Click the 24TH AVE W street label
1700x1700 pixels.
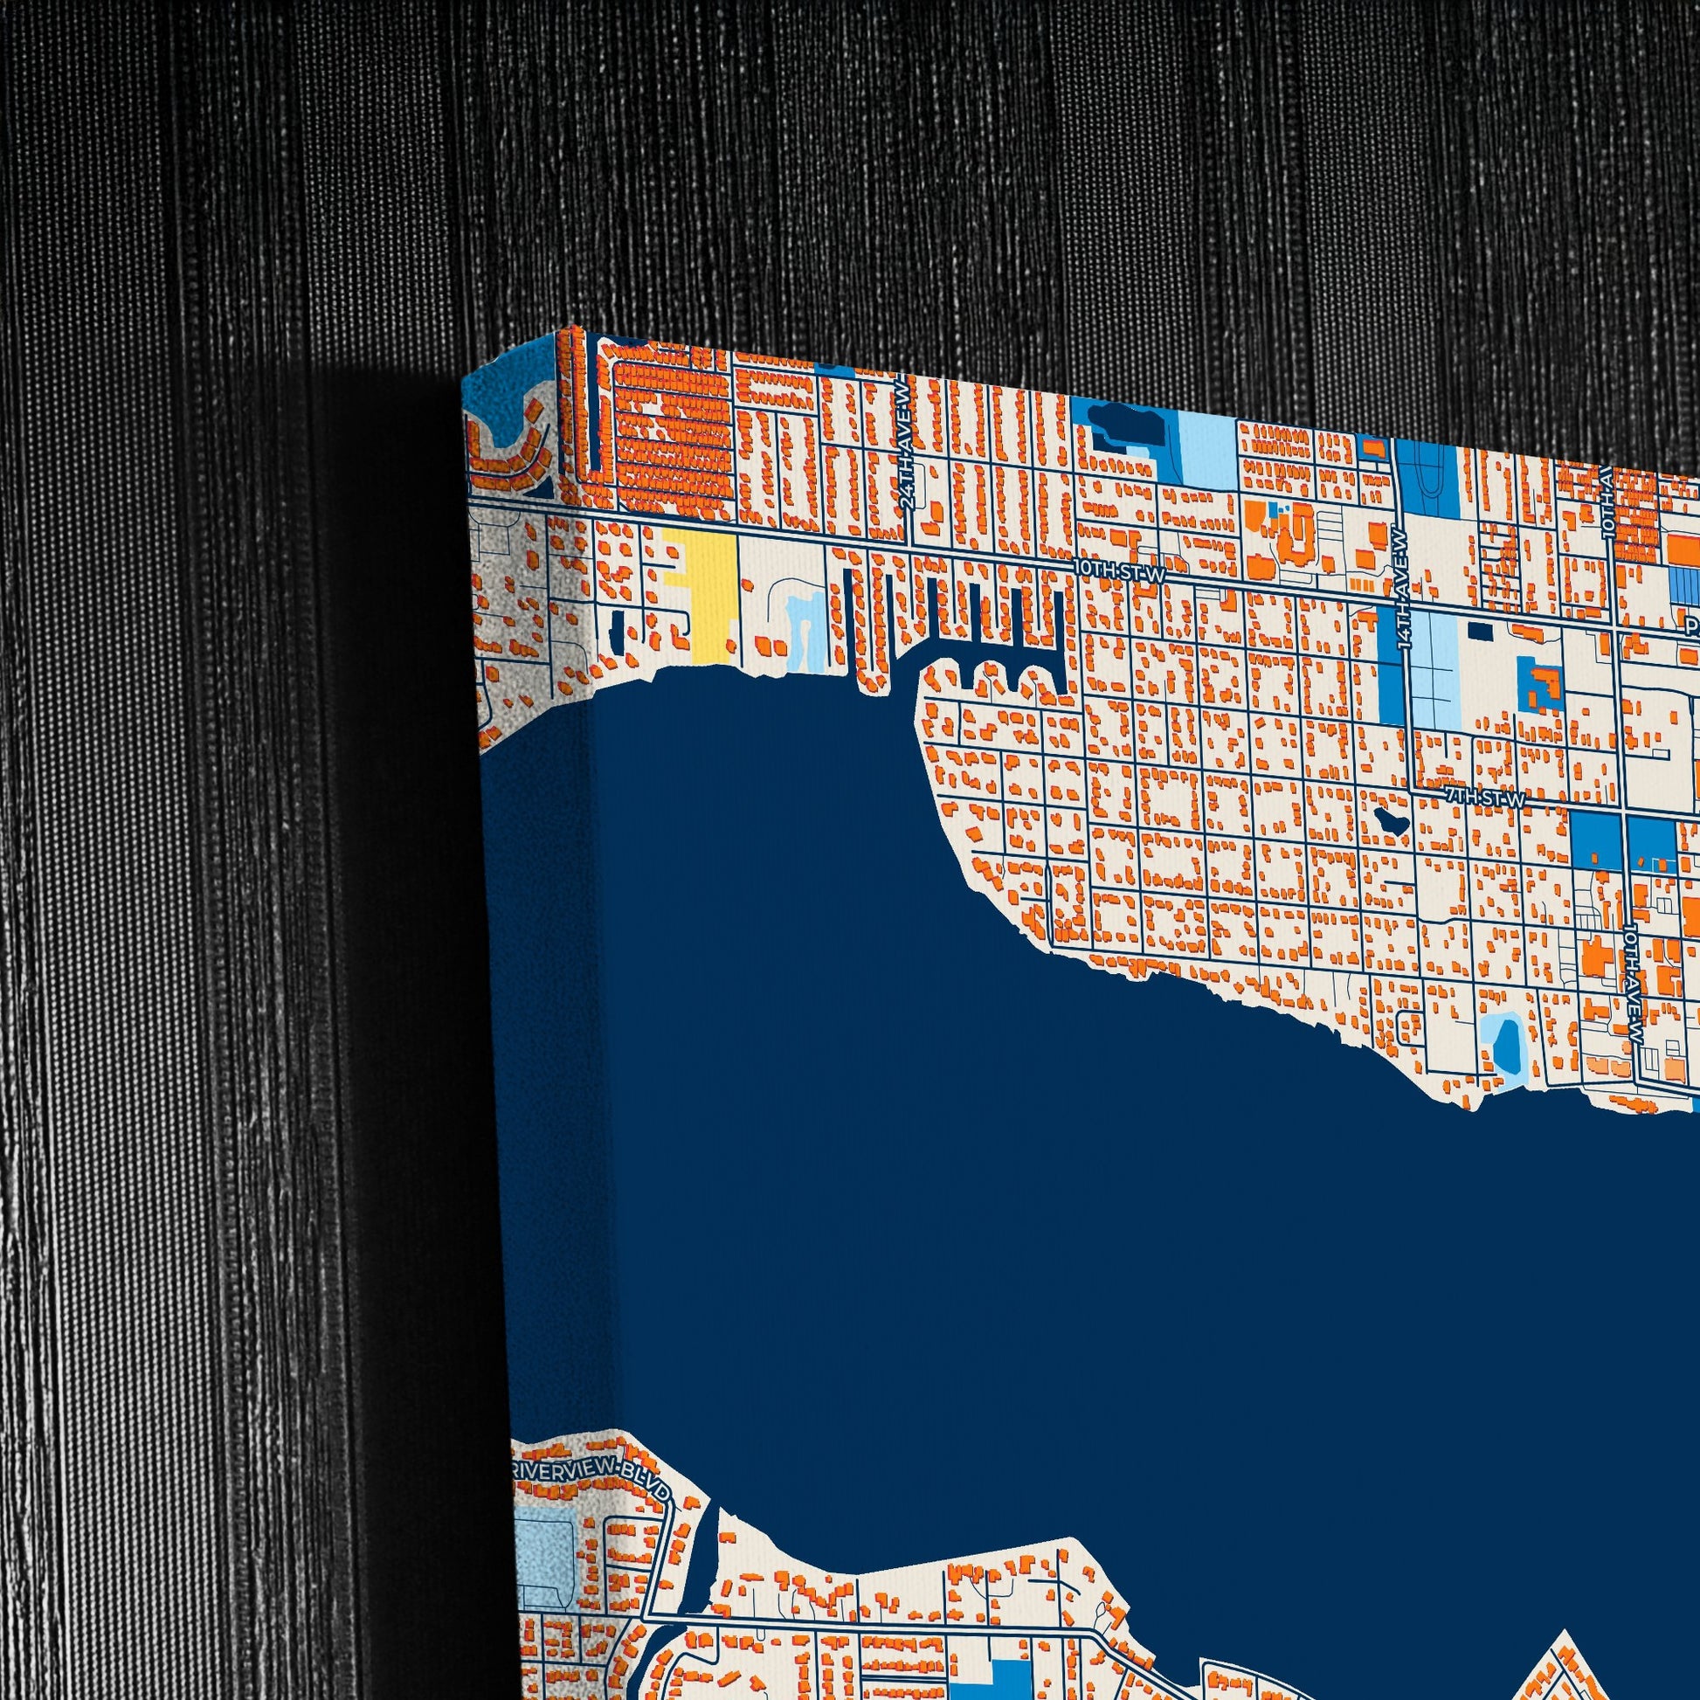[908, 471]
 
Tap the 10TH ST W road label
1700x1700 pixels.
[1119, 573]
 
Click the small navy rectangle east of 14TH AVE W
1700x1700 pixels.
[1481, 631]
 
